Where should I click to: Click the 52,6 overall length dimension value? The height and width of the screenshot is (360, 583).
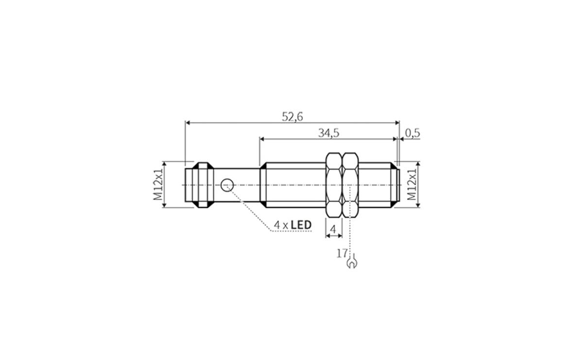292,117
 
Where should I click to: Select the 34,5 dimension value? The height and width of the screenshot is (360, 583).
328,133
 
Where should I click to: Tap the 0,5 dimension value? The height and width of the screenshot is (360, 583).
412,133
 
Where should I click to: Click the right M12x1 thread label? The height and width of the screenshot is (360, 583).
412,185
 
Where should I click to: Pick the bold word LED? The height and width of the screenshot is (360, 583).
301,225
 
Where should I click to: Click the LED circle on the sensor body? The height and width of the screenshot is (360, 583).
227,185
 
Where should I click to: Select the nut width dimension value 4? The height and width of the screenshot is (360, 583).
333,228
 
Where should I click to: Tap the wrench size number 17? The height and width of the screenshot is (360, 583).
342,253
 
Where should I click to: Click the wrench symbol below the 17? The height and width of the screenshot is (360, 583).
351,263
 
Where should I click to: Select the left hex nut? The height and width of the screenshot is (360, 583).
333,185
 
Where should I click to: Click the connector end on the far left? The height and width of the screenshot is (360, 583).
199,185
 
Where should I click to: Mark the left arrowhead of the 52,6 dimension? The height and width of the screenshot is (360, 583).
188,123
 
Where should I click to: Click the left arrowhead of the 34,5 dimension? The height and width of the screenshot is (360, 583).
262,139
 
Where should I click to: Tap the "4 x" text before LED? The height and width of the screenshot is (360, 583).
281,225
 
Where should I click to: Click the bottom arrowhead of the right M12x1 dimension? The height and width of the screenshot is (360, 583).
417,205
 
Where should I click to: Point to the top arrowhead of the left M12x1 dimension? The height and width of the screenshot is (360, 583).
164,165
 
